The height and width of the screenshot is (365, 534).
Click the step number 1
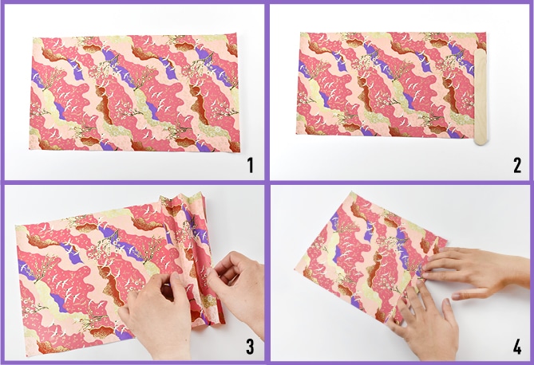coord(251,166)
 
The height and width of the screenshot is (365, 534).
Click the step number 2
coord(517,166)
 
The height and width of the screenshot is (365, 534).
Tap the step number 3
coord(251,347)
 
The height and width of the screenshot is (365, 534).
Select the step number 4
coord(517,347)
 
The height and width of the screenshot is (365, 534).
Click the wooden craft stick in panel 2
coord(482,97)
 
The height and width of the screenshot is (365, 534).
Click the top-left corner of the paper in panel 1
coord(34,37)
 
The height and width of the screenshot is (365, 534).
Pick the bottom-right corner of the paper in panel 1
coord(239,151)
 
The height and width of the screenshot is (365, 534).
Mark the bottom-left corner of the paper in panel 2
coord(296,133)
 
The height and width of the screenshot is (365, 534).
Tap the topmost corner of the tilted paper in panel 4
coord(352,192)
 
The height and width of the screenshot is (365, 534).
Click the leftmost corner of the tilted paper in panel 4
coord(295,269)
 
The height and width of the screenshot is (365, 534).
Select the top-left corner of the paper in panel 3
coord(16,226)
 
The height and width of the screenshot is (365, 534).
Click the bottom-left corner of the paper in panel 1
coord(30,149)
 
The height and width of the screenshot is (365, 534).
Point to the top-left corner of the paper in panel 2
coord(301,33)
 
